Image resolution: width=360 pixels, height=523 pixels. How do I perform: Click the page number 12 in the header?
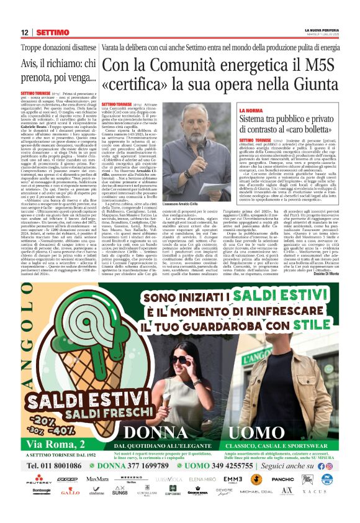point(25,32)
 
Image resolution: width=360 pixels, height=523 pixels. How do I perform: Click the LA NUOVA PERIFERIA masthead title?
point(321,30)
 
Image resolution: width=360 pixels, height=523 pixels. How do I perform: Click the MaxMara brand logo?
point(97,480)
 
